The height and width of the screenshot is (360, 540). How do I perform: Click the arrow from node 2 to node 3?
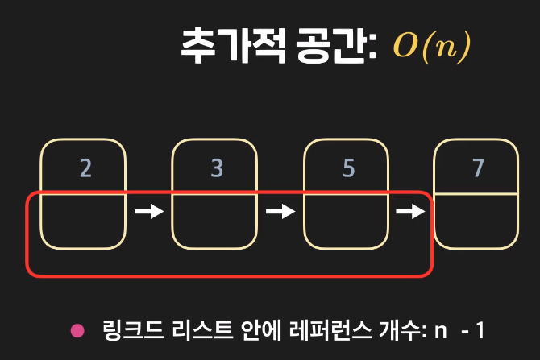[x=149, y=212]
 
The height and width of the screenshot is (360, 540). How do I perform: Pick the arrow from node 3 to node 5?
[x=280, y=212]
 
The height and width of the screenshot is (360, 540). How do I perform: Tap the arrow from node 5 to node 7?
[x=411, y=212]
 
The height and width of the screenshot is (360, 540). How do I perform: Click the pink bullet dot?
[x=77, y=329]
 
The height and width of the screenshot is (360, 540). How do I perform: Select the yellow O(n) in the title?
[x=431, y=47]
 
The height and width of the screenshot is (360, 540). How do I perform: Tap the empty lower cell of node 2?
[x=85, y=220]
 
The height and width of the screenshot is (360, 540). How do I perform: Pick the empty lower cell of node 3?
[x=215, y=220]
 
